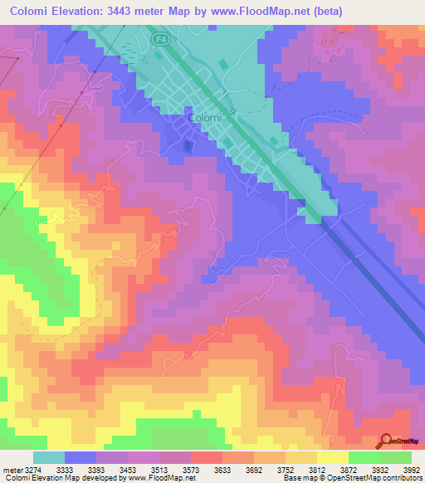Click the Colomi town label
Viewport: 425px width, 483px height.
(205, 119)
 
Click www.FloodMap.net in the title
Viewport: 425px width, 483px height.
(263, 11)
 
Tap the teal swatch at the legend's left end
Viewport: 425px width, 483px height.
(49, 457)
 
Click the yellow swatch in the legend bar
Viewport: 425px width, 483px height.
(332, 457)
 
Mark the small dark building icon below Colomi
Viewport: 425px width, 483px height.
(188, 146)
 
